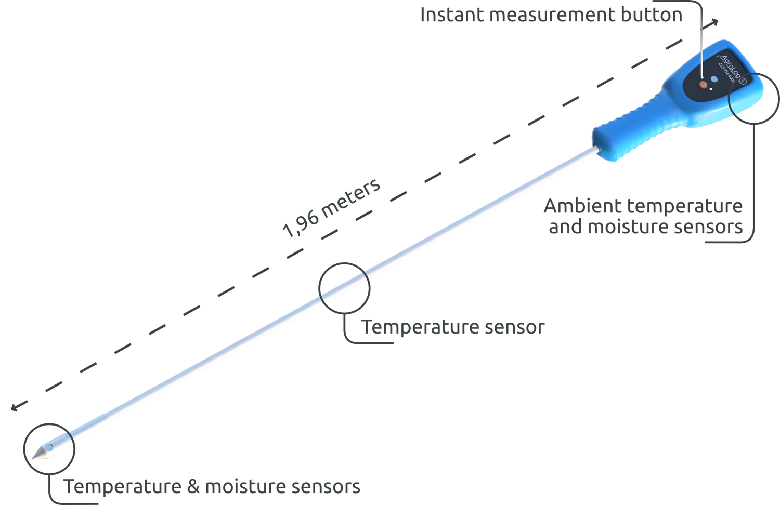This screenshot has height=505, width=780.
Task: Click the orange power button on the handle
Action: coord(703,84)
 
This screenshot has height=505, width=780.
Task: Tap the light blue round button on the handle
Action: coord(714,79)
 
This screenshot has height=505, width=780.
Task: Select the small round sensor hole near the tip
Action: coord(49,447)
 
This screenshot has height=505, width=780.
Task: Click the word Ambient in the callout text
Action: coord(582,207)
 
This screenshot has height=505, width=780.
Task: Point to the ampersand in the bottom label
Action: coord(193,487)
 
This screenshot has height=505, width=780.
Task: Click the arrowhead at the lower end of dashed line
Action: coord(15,408)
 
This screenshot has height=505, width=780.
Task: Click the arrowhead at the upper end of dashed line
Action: coord(716,22)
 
